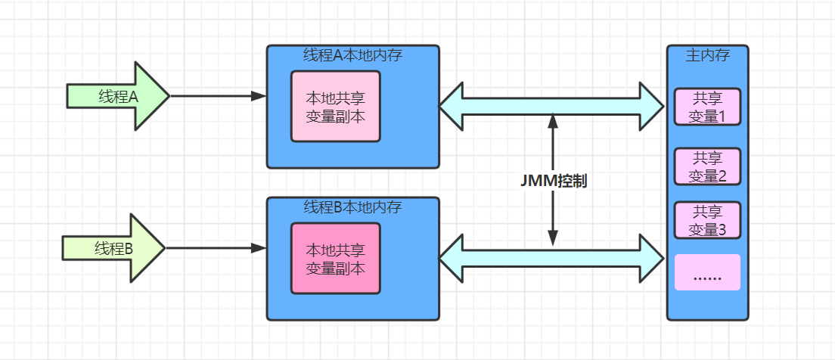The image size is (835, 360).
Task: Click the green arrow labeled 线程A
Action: pos(117,96)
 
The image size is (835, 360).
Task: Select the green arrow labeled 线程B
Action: pos(113,248)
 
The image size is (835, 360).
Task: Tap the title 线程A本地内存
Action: pos(352,55)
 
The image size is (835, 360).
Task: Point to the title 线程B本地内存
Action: pos(352,207)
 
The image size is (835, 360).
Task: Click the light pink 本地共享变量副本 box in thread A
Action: pos(336,107)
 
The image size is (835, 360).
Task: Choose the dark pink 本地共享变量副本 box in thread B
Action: pos(336,258)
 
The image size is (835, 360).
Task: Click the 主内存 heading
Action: pos(706,55)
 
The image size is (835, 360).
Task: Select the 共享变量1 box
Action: pos(707,107)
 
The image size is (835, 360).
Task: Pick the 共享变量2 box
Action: pos(707,166)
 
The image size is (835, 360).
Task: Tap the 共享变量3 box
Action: pos(707,220)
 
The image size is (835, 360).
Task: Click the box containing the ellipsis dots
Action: pos(707,272)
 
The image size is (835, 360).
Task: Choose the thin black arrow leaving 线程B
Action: pos(216,248)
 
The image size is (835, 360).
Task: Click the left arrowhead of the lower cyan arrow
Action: pos(452,257)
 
